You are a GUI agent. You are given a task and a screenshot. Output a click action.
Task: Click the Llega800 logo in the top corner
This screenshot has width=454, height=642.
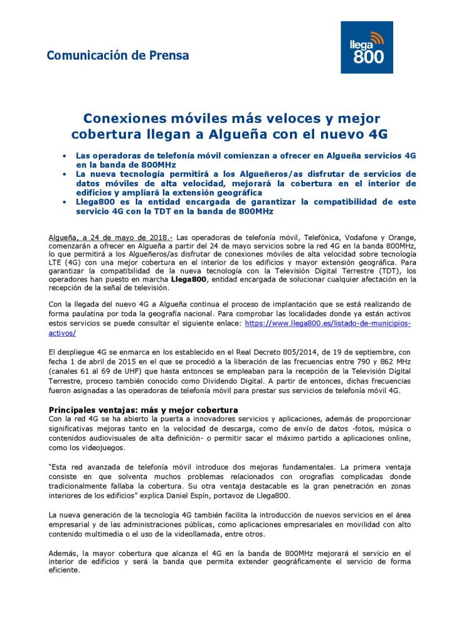[366, 47]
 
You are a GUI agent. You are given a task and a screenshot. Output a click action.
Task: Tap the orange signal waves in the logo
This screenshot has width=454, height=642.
[377, 37]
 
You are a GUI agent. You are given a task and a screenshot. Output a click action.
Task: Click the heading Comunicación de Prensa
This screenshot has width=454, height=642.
[117, 55]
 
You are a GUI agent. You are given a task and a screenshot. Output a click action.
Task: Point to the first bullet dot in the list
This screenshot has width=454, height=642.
[65, 154]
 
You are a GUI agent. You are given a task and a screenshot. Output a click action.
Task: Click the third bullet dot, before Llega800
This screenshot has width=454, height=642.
[65, 202]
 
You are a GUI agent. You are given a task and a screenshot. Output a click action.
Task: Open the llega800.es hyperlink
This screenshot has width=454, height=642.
[327, 323]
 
